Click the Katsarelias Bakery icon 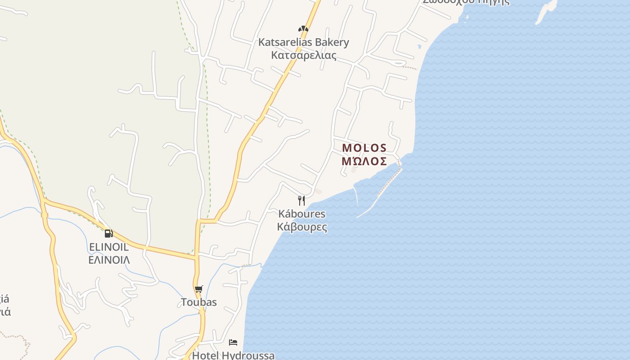pyautogui.click(x=303, y=29)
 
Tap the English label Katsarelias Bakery pyautogui.click(x=303, y=42)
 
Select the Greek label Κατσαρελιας pyautogui.click(x=303, y=55)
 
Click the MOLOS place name pyautogui.click(x=364, y=148)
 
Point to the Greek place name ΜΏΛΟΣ pyautogui.click(x=364, y=161)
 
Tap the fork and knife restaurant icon pyautogui.click(x=301, y=200)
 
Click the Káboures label pyautogui.click(x=301, y=214)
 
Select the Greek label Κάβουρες pyautogui.click(x=302, y=227)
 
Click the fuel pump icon pyautogui.click(x=108, y=233)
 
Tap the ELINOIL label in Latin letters pyautogui.click(x=109, y=247)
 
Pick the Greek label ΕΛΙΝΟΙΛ pyautogui.click(x=109, y=260)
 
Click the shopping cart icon pyautogui.click(x=199, y=289)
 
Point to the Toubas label pyautogui.click(x=199, y=302)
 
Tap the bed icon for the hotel pyautogui.click(x=233, y=342)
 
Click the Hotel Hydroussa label pyautogui.click(x=233, y=355)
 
